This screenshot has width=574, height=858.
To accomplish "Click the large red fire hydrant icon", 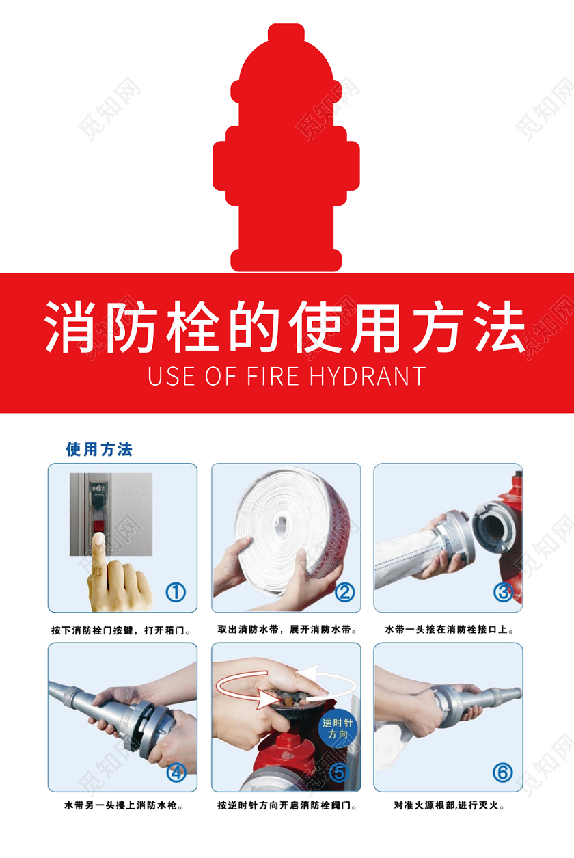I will pos(286,157).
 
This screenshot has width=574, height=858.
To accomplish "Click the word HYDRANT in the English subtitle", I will pos(367,376).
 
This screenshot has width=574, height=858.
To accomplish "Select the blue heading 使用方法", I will pos(99,449).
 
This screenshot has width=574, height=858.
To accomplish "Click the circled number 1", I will pos(176,591).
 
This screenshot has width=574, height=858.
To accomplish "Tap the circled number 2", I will pos(344,591).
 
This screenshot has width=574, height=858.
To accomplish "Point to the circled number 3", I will pos(504,591).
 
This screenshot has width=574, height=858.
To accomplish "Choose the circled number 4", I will pos(176,773).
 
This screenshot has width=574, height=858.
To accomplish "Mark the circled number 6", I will pos(502,773).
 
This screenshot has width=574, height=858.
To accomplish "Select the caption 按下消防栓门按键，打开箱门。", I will pos(121,630).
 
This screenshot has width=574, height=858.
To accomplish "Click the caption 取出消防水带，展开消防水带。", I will pos(286,630).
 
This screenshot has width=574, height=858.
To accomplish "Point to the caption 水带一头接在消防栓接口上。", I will pos(450,630).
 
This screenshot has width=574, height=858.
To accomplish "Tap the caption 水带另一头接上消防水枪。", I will pos(123,805).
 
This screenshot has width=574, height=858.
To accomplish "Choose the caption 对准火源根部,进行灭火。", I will pos(450,805).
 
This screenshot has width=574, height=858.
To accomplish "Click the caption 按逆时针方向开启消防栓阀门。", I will pos(287,805).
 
